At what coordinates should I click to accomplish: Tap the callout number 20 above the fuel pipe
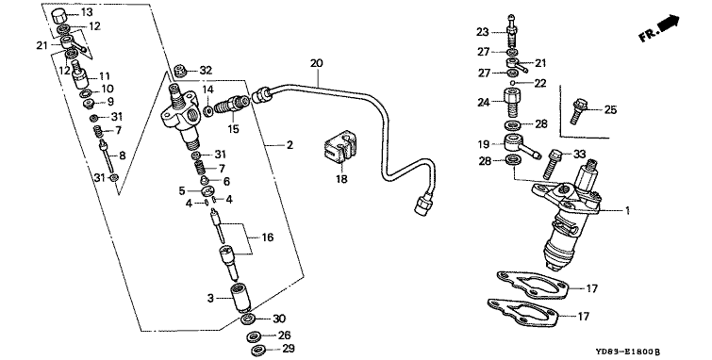coord(317,63)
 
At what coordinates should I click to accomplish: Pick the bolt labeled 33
coord(554,164)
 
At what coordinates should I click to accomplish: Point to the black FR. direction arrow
coord(669,24)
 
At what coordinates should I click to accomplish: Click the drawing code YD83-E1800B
coord(628,352)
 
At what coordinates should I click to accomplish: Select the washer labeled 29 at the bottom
coord(258,350)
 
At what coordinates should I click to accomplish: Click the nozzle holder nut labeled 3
coord(241,298)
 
